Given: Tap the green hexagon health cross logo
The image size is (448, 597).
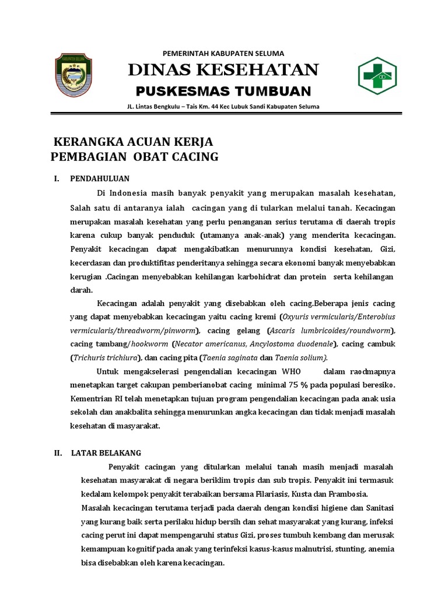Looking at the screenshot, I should click(x=379, y=75).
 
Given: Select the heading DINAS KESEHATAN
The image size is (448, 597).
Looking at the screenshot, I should click(x=223, y=70).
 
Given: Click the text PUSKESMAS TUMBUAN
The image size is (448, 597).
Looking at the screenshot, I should click(x=223, y=91).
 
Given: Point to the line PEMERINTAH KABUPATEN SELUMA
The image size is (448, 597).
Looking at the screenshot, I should click(x=223, y=53).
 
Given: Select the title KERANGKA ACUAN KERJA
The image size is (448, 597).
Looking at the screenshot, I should click(x=134, y=142).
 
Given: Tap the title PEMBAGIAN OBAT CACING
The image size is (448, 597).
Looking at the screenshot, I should click(x=135, y=156).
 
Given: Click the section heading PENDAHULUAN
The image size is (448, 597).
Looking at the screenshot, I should click(x=100, y=178).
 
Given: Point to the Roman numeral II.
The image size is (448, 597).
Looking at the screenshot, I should click(x=57, y=452).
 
